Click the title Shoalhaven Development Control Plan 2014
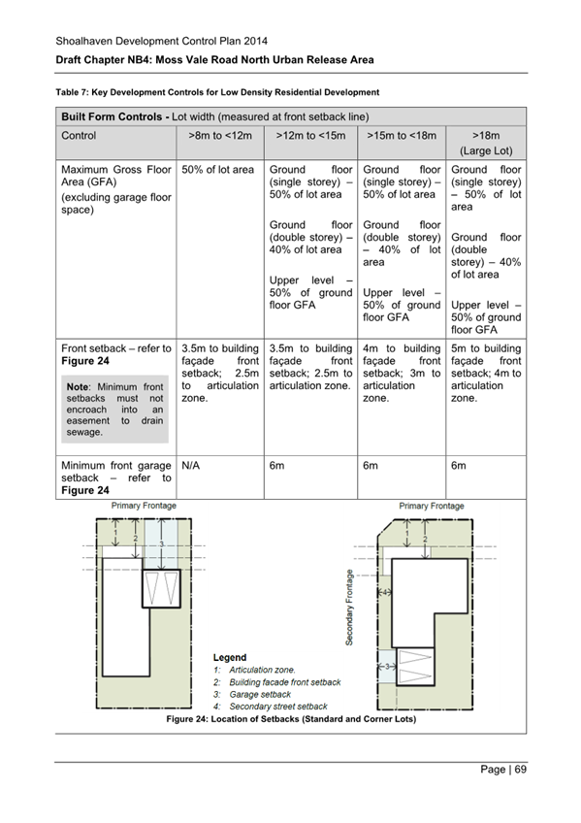click(160, 41)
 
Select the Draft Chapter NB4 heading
click(213, 60)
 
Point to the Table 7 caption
click(216, 93)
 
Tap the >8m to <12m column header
click(219, 137)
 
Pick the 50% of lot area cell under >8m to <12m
click(218, 170)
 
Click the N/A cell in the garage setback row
click(192, 466)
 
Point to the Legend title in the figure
click(230, 657)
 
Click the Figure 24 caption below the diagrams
click(291, 720)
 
